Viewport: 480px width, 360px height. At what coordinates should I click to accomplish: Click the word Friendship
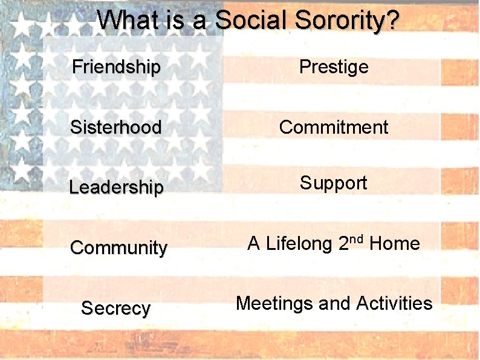116,67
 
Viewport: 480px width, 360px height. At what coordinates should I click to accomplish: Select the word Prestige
334,67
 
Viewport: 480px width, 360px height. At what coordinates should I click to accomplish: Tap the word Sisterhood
115,127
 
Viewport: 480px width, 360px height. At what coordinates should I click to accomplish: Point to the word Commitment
334,127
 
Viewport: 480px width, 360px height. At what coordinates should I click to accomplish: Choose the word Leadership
116,188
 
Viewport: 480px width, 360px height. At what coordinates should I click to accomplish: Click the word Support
333,183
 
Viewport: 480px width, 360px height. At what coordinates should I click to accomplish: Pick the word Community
118,248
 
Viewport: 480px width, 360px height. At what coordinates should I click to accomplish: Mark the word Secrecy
115,309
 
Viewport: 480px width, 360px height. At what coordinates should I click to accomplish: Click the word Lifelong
299,244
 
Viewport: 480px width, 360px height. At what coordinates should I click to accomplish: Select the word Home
394,244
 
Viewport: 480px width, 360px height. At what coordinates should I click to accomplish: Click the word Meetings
274,303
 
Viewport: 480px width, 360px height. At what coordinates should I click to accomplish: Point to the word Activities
394,303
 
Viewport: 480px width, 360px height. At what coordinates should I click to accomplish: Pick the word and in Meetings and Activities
335,303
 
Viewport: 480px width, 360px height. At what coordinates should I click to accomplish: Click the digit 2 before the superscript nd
343,244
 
